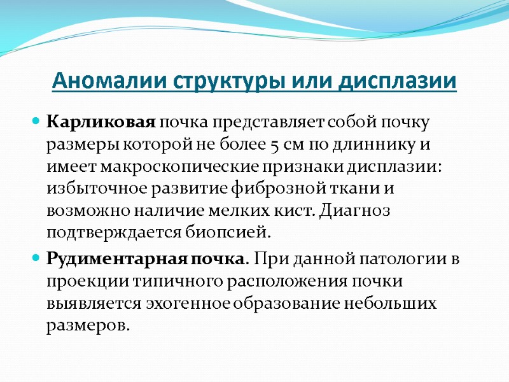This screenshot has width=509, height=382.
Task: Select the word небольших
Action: [398, 304]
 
